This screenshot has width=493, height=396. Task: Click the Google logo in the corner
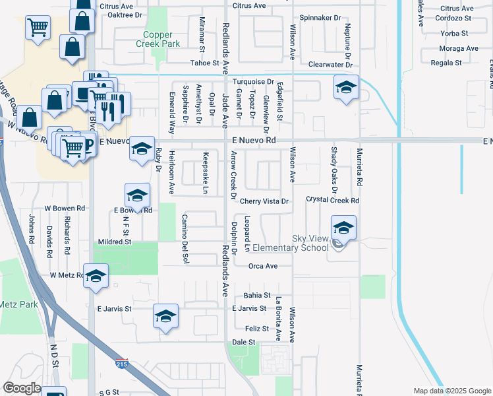click(x=22, y=388)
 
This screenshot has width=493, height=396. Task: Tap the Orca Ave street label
click(x=262, y=266)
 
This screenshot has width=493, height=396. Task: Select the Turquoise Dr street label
click(x=253, y=82)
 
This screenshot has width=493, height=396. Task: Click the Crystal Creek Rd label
click(x=332, y=200)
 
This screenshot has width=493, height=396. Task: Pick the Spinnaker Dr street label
click(x=320, y=18)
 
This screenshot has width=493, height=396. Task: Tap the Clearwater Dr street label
click(x=330, y=65)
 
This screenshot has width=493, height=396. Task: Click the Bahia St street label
click(x=257, y=295)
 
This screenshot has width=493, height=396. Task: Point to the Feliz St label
click(x=256, y=328)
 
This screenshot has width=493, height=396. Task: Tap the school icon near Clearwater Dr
click(x=346, y=88)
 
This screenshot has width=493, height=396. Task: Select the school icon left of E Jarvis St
click(x=165, y=316)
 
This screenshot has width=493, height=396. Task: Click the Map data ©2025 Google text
click(x=451, y=391)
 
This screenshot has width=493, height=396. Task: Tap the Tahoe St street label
click(x=204, y=63)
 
